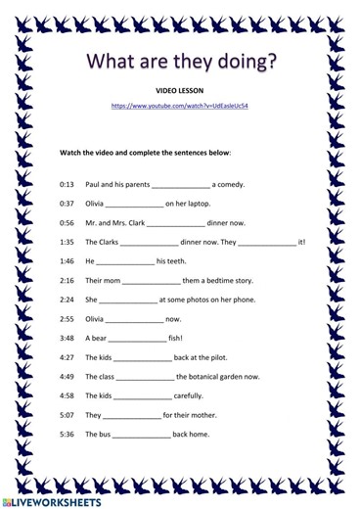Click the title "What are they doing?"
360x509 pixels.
coord(180,63)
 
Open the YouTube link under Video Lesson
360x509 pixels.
coord(179,104)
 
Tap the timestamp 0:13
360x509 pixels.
coord(67,183)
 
